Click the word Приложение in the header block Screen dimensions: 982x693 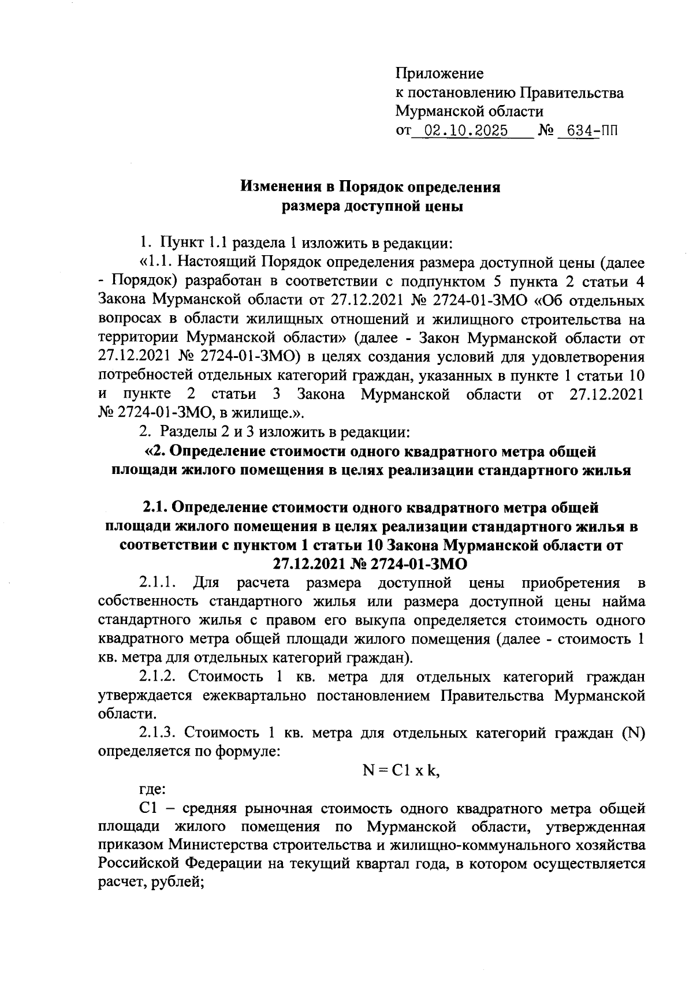click(439, 74)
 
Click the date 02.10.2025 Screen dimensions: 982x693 click(465, 130)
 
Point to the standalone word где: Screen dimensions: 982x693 click(152, 789)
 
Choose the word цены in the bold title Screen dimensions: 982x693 click(444, 206)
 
